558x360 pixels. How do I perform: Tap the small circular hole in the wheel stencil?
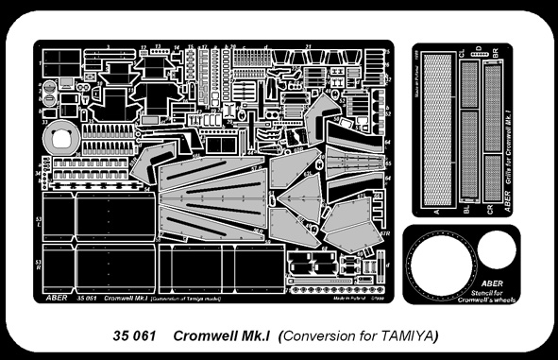[x=496, y=250]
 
